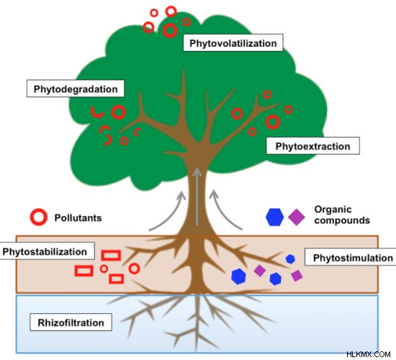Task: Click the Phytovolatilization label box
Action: coord(233,43)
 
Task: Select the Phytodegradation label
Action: coord(76,89)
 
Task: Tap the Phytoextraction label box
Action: coord(313,145)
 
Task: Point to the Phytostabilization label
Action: coord(47,251)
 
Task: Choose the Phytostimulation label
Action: coord(351,257)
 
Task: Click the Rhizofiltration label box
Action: coord(71,322)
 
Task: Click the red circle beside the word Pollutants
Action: coord(39,217)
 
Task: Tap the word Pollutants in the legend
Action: coord(78,217)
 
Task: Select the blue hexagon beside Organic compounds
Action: coord(274,217)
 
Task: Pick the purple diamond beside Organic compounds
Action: coord(297,217)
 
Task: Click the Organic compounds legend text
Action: coord(342,215)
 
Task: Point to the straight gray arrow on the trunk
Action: coord(197,197)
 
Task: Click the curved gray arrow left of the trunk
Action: coord(168,211)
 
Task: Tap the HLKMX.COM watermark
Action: coord(368,354)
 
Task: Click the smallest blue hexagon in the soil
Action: coord(290,258)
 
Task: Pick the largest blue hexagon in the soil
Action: coord(238,276)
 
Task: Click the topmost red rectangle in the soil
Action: coord(111,255)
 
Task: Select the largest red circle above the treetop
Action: coord(170,30)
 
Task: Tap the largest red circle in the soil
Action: coord(134,269)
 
